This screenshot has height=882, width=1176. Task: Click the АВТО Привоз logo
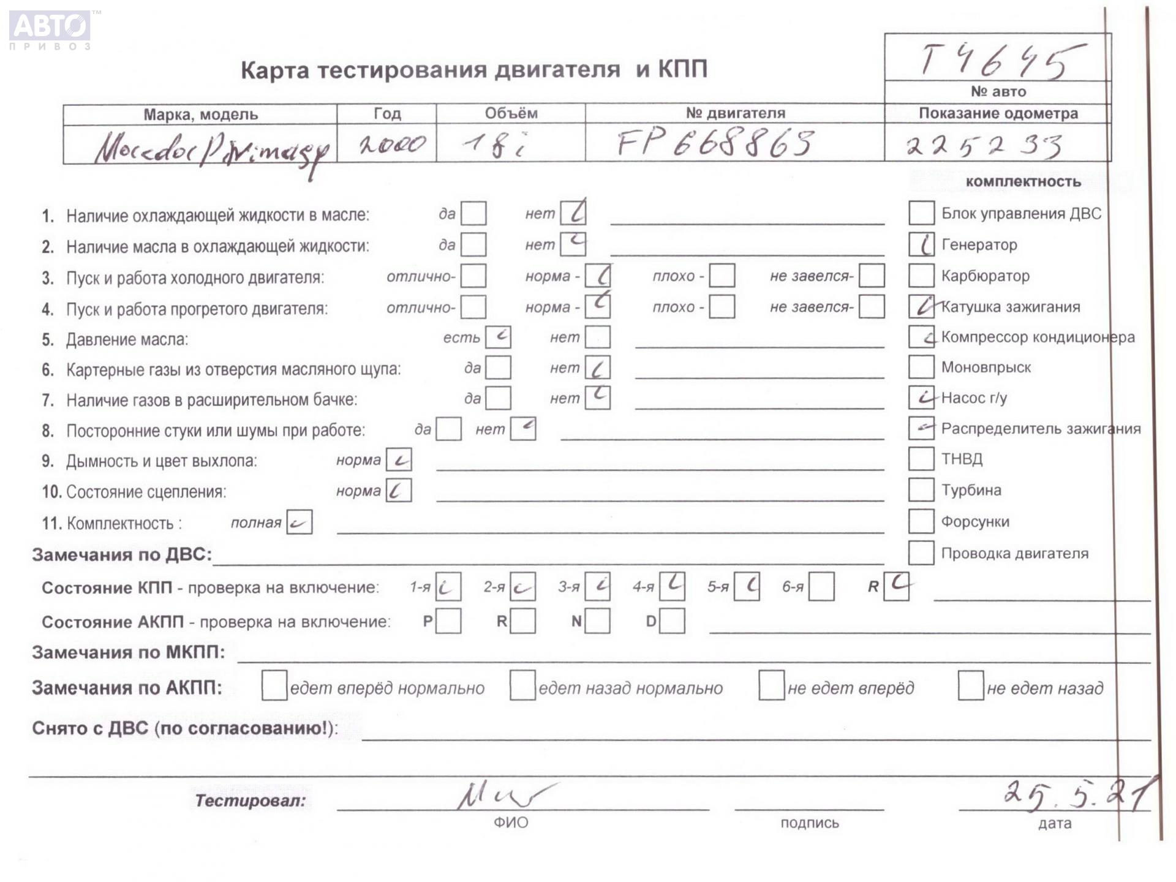[x=50, y=29]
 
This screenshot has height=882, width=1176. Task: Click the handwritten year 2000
[x=392, y=145]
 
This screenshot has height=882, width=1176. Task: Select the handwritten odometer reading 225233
[x=984, y=146]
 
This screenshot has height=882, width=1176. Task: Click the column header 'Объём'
[x=511, y=113]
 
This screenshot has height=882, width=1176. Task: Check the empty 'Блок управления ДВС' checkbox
[x=921, y=213]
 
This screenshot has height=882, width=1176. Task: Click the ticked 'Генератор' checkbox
[x=921, y=244]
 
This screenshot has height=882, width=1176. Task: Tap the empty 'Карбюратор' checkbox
[x=921, y=276]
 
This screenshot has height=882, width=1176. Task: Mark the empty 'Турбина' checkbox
[x=921, y=490]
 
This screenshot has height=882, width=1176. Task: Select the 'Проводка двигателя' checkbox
[x=921, y=553]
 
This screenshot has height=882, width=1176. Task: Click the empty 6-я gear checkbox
[x=821, y=587]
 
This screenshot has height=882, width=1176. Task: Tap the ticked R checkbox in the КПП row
[x=897, y=586]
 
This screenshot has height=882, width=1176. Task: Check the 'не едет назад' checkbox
[x=971, y=685]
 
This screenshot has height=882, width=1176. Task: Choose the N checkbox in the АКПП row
[x=597, y=621]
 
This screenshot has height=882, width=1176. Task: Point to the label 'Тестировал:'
[x=250, y=801]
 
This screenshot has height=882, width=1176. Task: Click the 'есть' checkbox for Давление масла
[x=498, y=337]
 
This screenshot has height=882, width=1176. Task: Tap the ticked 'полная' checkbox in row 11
[x=300, y=522]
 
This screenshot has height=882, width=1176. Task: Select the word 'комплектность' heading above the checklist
[x=1023, y=181]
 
